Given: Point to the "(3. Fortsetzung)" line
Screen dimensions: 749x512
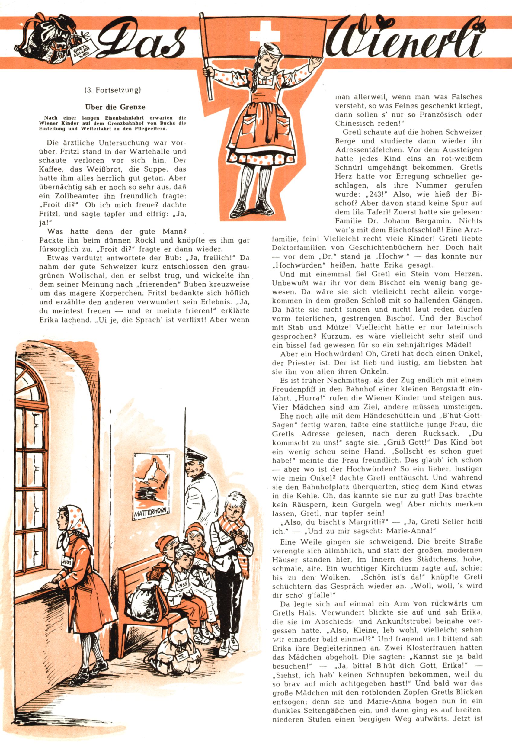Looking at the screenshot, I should pyautogui.click(x=113, y=90).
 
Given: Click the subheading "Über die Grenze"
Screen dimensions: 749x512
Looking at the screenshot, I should pyautogui.click(x=115, y=107).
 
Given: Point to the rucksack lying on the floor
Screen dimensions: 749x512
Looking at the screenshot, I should pyautogui.click(x=181, y=645).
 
